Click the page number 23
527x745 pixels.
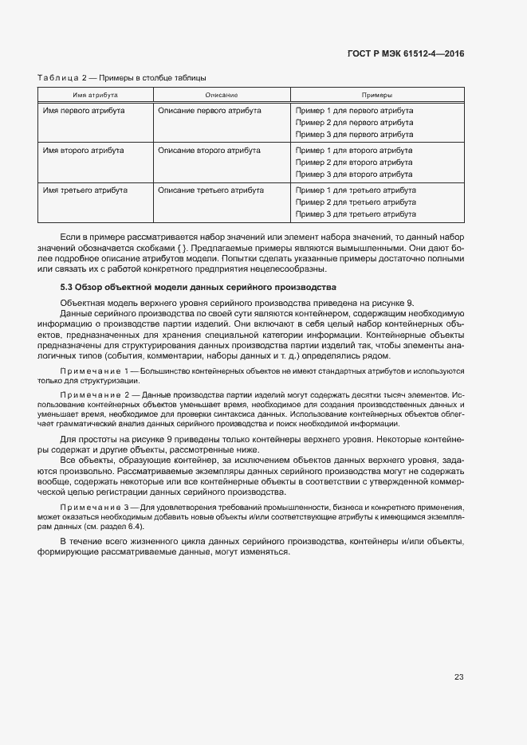pos(459,677)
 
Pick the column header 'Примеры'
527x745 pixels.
pos(377,95)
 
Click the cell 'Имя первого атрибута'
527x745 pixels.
pos(84,110)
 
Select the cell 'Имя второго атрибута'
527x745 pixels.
pos(83,150)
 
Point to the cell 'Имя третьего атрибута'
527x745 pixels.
pos(85,190)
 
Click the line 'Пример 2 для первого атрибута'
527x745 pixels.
pos(354,123)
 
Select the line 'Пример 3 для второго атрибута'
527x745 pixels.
pos(354,174)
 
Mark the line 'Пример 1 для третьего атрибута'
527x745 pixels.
pos(356,190)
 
